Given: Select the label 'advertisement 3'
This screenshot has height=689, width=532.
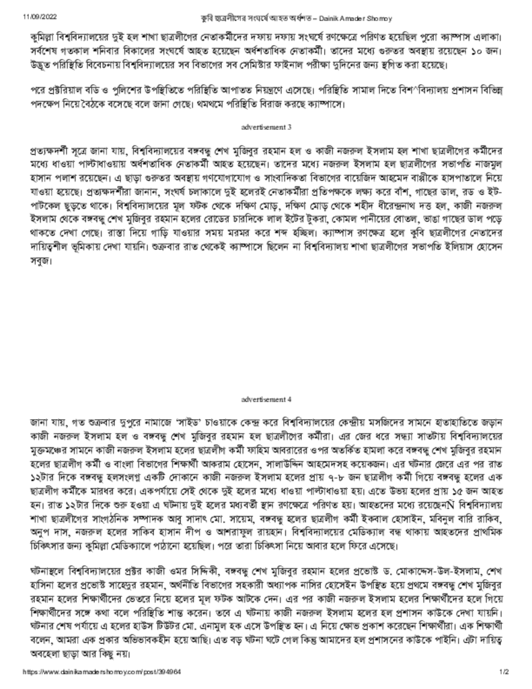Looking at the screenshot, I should click(266, 126).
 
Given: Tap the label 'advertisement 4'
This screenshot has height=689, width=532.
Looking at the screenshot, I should click(266, 399).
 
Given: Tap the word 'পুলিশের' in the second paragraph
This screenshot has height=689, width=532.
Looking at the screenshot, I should click(122, 90).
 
